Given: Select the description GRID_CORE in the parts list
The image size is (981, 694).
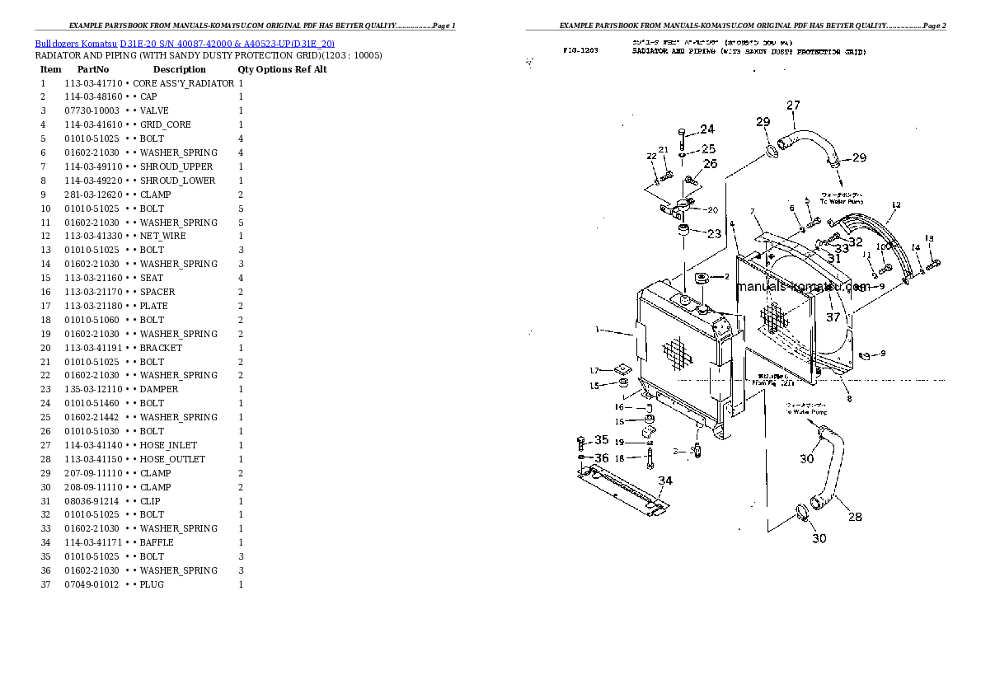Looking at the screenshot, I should click(x=165, y=124).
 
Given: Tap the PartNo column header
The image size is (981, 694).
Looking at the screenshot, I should click(x=93, y=69).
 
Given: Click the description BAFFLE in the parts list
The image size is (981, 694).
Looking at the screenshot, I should click(x=157, y=542).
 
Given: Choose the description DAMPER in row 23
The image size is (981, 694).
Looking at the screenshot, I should click(x=159, y=389).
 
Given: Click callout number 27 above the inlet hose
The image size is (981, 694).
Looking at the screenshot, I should click(x=793, y=106).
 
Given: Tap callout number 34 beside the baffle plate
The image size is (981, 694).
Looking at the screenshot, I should click(x=664, y=481).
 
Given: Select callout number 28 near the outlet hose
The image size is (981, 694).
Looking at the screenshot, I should click(x=855, y=517).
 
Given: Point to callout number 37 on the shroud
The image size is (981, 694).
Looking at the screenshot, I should click(x=833, y=317).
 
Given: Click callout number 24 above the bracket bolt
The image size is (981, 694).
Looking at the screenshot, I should click(x=707, y=129).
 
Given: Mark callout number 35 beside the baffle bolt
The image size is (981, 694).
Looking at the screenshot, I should click(x=602, y=440).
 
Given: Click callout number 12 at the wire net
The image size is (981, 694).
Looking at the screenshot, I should click(x=896, y=204).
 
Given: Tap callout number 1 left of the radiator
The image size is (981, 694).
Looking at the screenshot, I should click(x=597, y=331).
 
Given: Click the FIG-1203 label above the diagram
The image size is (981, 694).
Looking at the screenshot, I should click(x=580, y=51).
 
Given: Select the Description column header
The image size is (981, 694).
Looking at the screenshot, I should click(x=179, y=69).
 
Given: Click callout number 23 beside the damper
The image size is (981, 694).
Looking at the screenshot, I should click(x=713, y=233).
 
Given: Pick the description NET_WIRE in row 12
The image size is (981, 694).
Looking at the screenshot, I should click(x=162, y=236).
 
